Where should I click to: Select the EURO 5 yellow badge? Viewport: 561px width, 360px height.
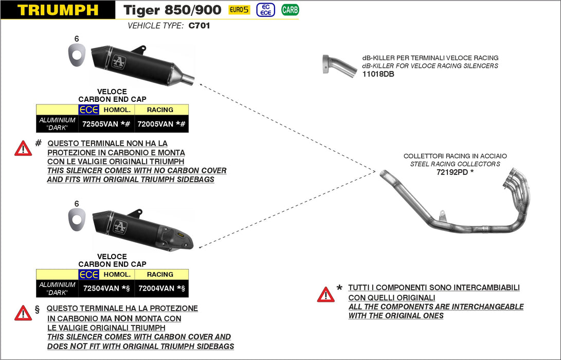click(239, 10)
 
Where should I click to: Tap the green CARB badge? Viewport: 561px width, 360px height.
click(290, 10)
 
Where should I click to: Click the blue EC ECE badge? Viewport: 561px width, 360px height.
click(265, 10)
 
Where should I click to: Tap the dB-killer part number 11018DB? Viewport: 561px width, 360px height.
click(378, 74)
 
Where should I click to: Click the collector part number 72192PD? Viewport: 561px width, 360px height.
click(452, 172)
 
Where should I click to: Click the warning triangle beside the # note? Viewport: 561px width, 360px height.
click(23, 149)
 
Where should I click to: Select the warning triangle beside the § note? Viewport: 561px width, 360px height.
click(23, 313)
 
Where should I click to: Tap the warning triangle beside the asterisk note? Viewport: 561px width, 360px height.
click(325, 295)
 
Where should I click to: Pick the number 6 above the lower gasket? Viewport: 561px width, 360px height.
click(77, 203)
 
